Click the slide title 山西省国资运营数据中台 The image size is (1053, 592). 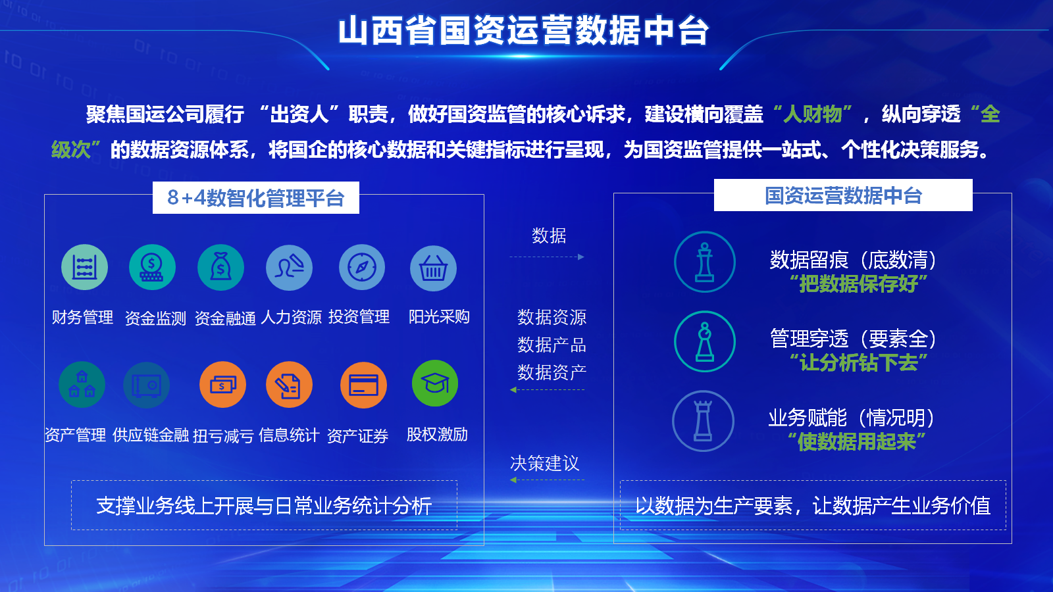[523, 31]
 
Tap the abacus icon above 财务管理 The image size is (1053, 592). [85, 267]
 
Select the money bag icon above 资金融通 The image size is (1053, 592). [220, 267]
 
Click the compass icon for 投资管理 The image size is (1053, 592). [362, 267]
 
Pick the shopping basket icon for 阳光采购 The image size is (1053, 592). [434, 268]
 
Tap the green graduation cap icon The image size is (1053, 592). [435, 383]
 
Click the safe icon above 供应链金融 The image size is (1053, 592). [147, 385]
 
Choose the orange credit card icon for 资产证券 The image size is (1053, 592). [363, 385]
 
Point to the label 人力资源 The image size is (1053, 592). [291, 317]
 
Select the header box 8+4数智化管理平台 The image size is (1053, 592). [256, 198]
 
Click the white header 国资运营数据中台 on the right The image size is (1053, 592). [843, 195]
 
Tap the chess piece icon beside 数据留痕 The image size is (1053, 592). [705, 262]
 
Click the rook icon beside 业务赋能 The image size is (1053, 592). [704, 421]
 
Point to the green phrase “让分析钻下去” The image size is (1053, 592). [859, 362]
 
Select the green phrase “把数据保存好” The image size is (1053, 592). [859, 284]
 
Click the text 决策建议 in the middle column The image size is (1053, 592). [545, 463]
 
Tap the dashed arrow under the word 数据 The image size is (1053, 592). [547, 257]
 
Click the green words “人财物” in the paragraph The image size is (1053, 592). [813, 114]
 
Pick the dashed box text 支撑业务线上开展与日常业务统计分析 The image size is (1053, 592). [264, 506]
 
